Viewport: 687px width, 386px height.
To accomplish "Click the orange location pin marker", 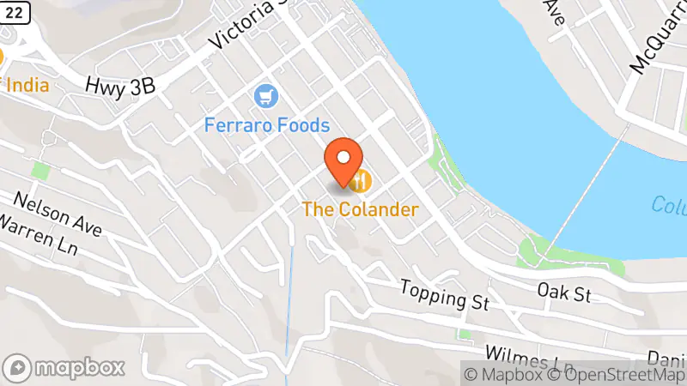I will tap(344, 162).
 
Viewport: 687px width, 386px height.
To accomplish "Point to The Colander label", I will tap(360, 208).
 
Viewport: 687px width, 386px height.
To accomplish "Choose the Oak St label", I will tap(564, 293).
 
